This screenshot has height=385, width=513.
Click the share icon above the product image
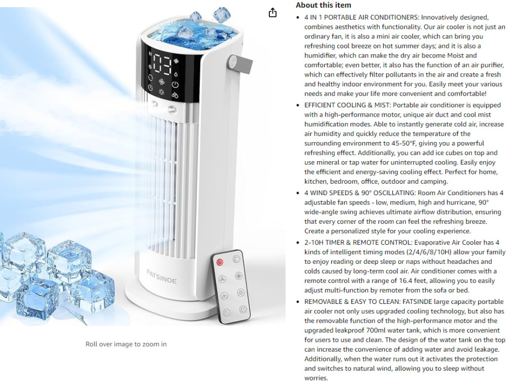point(272,13)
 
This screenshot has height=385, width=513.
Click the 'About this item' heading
point(323,5)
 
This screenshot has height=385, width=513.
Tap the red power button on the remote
point(220,262)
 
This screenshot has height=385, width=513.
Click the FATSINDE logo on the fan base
point(162,277)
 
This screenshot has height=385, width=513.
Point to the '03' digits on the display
point(162,65)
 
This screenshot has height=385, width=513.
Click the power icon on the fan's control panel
point(175,85)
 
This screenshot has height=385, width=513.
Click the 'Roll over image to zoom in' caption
point(126,344)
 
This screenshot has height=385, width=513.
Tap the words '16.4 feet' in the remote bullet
point(414,281)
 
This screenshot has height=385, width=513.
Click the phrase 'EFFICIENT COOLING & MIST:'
point(347,105)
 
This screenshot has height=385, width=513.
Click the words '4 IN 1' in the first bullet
point(313,17)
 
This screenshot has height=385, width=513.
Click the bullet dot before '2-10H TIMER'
point(298,243)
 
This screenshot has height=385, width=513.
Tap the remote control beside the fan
point(230,286)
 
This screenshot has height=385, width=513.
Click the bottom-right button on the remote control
point(243,309)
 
